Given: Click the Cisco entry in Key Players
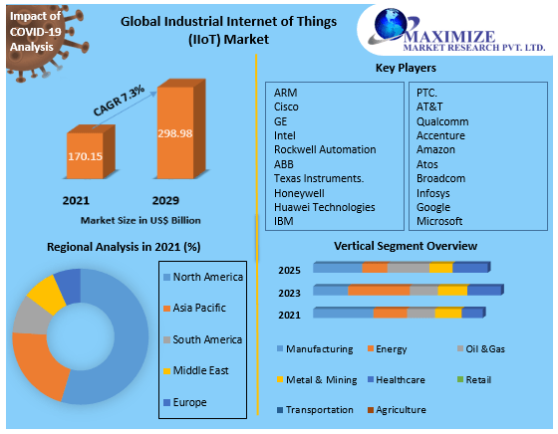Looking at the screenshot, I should point(287,107).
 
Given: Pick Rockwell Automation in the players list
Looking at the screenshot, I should point(325,149).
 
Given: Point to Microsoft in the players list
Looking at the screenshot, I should point(439,221).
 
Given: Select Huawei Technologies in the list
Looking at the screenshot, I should point(325,207).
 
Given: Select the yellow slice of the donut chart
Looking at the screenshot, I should point(45,297).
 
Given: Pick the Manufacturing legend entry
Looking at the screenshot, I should point(319,349).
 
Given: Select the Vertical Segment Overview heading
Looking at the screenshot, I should point(405,246).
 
